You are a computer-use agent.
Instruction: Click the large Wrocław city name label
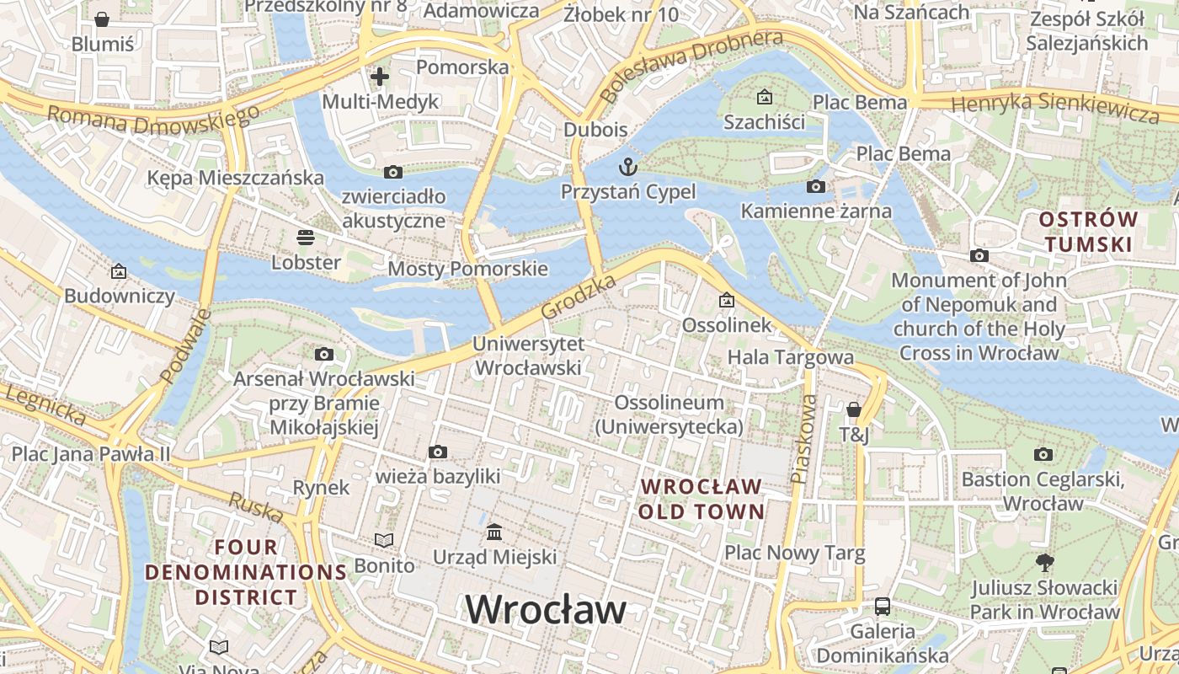point(546,609)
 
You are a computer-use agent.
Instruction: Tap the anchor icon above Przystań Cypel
point(627,166)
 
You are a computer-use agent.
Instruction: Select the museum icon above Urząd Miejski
point(494,532)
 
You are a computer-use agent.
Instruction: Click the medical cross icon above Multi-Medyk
point(380,77)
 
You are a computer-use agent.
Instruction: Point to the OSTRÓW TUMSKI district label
point(1087,232)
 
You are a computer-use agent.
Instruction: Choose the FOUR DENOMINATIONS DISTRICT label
point(246,572)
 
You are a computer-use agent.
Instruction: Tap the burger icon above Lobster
point(305,238)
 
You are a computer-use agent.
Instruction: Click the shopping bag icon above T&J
point(854,409)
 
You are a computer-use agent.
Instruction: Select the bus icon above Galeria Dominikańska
point(882,606)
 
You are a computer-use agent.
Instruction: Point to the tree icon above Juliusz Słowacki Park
point(1044,562)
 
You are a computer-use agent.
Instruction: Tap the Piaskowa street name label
point(804,439)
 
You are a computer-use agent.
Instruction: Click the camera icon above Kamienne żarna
point(815,186)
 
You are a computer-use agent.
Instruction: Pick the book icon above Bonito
point(384,540)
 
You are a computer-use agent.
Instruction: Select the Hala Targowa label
point(790,357)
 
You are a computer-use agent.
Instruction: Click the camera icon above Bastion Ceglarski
point(1043,455)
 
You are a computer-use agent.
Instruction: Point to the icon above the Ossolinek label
point(726,300)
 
